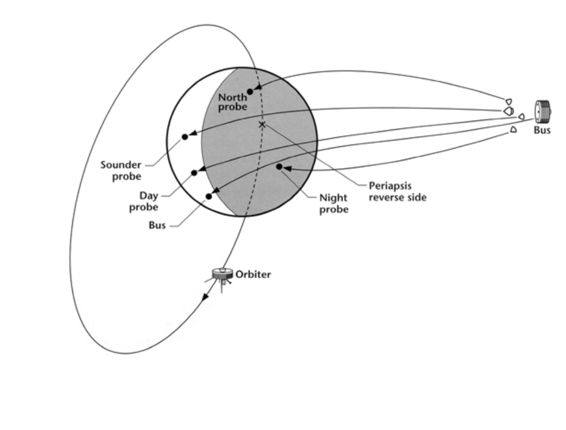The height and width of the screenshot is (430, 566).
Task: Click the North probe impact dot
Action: pos(250,91)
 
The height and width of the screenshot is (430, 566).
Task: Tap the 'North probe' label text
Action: pos(233,102)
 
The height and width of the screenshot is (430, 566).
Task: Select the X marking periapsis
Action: pos(262,124)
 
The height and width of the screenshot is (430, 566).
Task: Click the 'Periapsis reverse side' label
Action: pos(397,192)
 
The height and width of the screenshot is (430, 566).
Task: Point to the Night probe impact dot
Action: pos(279,166)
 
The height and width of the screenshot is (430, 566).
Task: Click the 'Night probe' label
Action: pos(334,203)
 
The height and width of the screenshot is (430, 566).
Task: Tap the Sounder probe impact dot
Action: pos(184,137)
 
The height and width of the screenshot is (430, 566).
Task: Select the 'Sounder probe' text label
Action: pos(121,170)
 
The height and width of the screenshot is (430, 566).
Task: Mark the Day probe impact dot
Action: pos(194,173)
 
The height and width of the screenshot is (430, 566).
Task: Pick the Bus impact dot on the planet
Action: pos(209,196)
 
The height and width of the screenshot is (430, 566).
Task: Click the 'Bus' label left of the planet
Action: pos(157,225)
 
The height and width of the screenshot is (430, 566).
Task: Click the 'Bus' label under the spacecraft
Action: pos(542,130)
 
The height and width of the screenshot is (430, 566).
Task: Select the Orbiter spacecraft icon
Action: pos(223,277)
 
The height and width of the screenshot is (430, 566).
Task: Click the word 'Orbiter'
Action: pos(253,274)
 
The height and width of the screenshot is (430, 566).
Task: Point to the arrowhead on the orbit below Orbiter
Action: pos(206,297)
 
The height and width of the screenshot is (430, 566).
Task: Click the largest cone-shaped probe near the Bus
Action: pos(508,111)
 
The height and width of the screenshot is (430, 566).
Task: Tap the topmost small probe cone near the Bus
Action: pos(509,101)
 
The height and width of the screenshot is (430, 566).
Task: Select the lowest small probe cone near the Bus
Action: pos(513,129)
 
